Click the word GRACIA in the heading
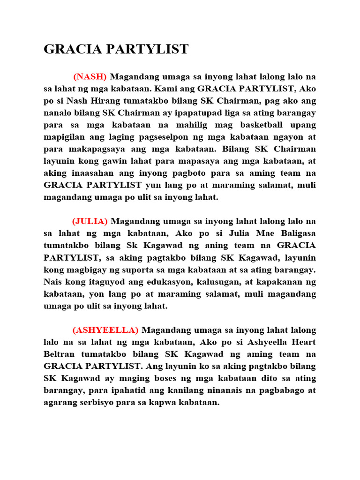coord(71,49)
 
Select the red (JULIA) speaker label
coord(90,221)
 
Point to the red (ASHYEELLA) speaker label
coord(105,330)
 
